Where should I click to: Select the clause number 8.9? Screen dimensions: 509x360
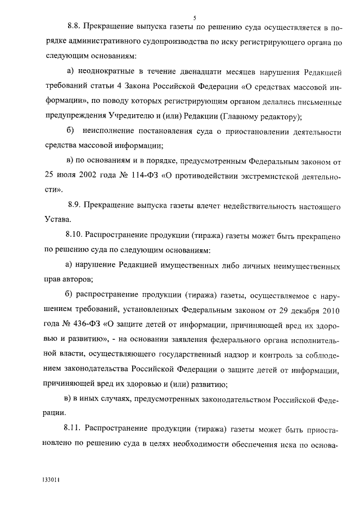coord(76,206)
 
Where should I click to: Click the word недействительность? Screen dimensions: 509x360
coord(241,206)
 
